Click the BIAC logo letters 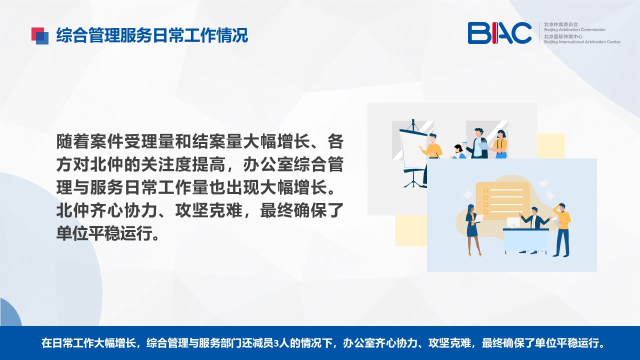499,33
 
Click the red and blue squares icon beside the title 40,36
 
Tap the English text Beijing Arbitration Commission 574,29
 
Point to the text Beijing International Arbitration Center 582,42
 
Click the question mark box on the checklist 485,190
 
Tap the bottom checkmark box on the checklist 485,211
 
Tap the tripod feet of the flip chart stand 413,183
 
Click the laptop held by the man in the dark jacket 483,145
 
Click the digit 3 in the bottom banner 276,343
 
